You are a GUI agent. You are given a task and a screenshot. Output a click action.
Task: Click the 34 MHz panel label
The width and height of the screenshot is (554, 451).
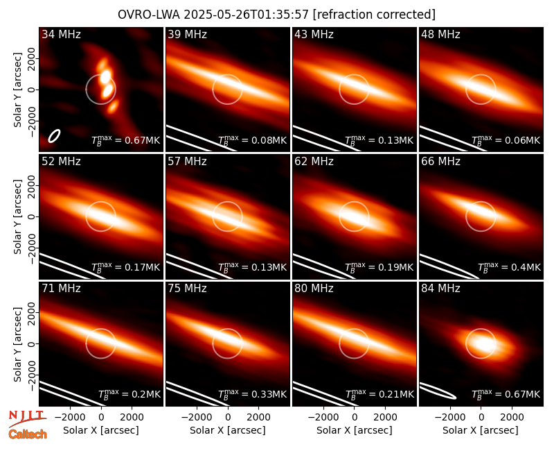coord(61,34)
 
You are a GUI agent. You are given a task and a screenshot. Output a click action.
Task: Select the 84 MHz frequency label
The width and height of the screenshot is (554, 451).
coord(440,289)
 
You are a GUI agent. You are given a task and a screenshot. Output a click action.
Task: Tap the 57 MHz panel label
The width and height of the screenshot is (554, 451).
coord(187,162)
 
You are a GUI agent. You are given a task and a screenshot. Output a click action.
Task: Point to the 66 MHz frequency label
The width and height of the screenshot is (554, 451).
coord(440,162)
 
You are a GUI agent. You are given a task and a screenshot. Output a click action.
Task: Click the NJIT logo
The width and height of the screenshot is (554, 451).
coord(27,418)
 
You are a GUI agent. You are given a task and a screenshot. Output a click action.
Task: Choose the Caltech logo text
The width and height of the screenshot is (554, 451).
coord(28,434)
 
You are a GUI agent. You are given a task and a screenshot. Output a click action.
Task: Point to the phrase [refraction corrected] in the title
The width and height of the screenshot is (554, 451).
coord(374,15)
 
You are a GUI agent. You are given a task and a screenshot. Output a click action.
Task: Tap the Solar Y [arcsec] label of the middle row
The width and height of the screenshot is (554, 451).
coord(17,216)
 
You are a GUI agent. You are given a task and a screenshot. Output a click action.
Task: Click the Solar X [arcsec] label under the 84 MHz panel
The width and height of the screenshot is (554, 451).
coord(481,430)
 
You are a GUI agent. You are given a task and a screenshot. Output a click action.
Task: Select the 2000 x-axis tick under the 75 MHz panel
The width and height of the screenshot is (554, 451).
coord(258,417)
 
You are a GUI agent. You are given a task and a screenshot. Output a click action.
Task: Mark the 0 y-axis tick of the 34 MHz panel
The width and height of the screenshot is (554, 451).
coord(32,90)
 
